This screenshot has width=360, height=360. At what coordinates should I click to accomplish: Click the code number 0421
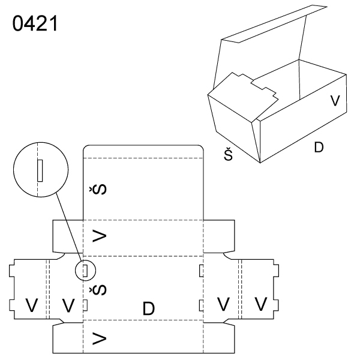pos(34,25)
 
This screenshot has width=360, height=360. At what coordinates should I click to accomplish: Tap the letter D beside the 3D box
pos(319,146)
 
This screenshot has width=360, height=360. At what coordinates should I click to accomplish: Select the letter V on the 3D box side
pos(336,100)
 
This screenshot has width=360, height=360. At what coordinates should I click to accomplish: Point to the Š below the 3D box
pos(229,155)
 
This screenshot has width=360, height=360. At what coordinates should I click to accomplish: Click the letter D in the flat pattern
pos(149,309)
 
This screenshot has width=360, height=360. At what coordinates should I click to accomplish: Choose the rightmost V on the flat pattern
pos(260,304)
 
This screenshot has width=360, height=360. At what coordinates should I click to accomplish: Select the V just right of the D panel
pos(223,304)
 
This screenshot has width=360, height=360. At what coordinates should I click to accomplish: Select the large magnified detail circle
pos(37,169)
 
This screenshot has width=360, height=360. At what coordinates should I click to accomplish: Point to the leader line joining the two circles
pos(68,228)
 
